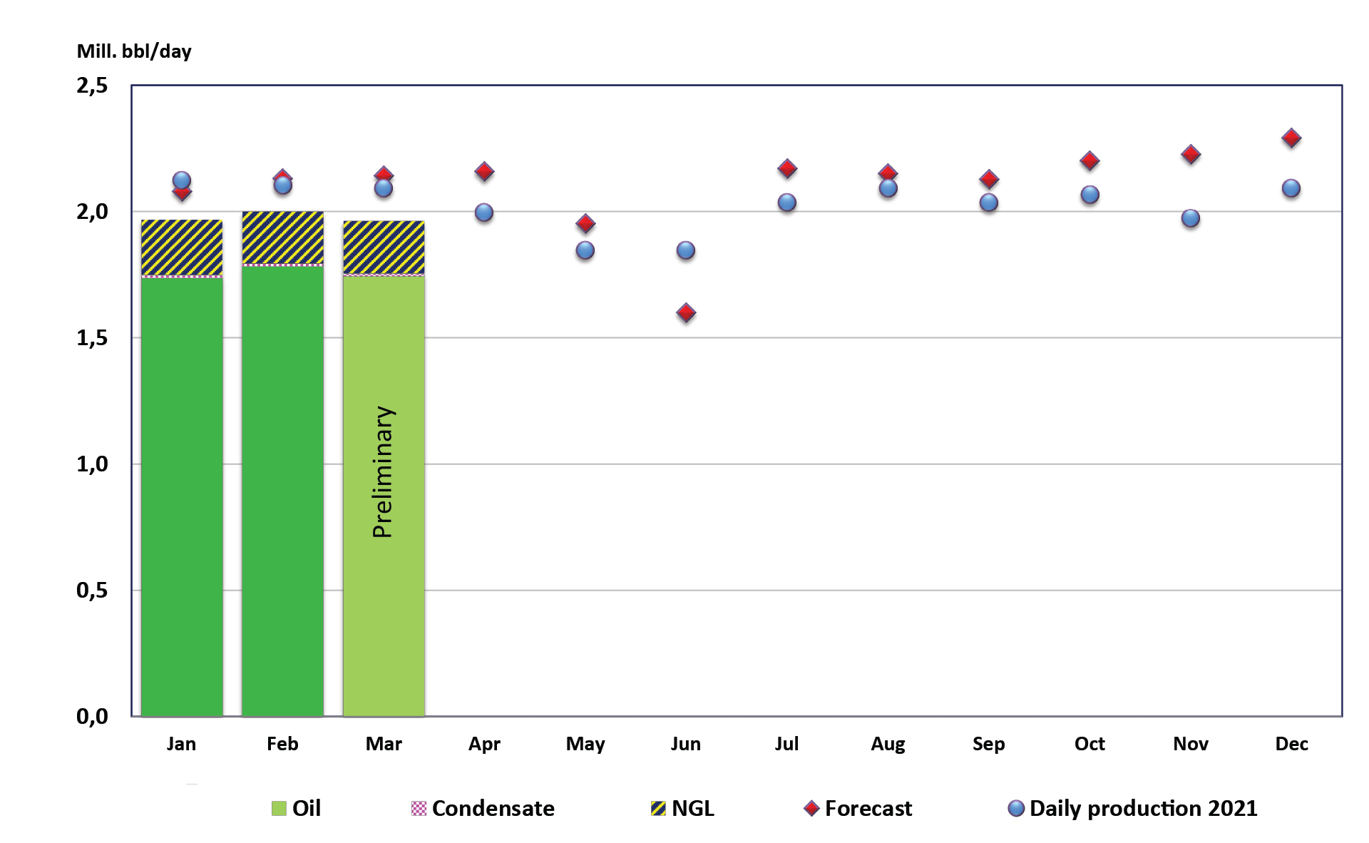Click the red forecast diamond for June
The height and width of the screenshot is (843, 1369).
[x=686, y=312]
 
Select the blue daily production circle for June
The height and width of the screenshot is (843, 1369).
[x=686, y=250]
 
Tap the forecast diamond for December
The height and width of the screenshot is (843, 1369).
[x=1291, y=138]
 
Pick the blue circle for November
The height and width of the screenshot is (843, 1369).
[x=1191, y=218]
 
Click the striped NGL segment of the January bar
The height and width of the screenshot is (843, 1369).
[x=182, y=247]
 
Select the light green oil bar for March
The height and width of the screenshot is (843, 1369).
[x=384, y=606]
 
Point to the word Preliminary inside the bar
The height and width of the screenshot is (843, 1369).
[x=383, y=471]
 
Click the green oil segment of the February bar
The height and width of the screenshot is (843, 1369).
[x=282, y=492]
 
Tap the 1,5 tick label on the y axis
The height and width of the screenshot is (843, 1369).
[x=92, y=338]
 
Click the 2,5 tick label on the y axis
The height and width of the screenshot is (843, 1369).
[x=92, y=86]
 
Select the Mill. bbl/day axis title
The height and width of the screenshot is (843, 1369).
[x=134, y=51]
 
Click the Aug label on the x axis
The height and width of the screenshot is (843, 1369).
[x=888, y=744]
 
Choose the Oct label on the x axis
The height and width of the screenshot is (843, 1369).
[x=1089, y=744]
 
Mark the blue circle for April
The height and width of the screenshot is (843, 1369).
[x=484, y=213]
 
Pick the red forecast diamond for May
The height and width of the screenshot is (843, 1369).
[x=585, y=223]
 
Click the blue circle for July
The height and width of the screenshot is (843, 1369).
[x=787, y=203]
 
